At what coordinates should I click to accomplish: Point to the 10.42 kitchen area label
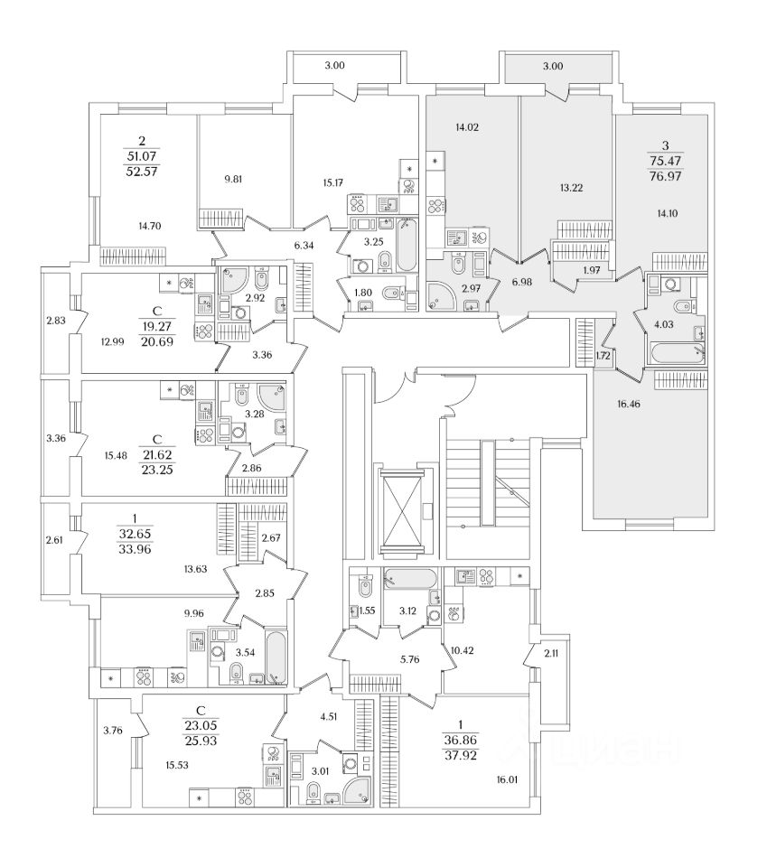[461, 649]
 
